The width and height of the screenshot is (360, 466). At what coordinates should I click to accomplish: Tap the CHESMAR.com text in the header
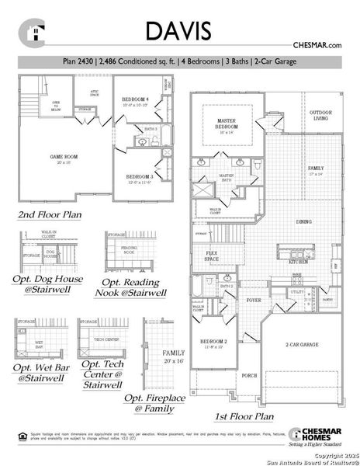(x=317, y=47)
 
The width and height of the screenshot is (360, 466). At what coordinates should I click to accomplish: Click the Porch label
(x=250, y=375)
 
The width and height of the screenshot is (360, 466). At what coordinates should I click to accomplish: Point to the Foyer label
(x=253, y=297)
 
